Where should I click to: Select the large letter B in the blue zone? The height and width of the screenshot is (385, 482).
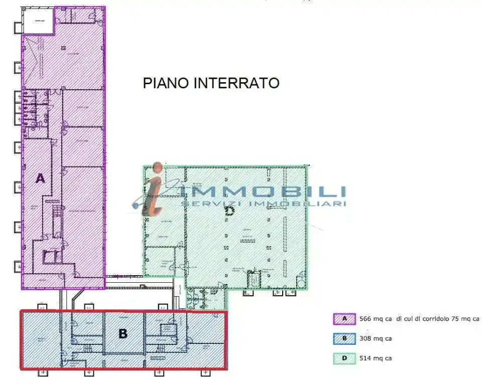coord(123,333)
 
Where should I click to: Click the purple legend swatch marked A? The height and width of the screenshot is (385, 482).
coord(344,319)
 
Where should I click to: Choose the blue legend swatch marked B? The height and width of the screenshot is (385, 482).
coord(344,338)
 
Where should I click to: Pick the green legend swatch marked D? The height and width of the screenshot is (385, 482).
coord(344,358)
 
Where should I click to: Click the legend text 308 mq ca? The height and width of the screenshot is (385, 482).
coord(376,338)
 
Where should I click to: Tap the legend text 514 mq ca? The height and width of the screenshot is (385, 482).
coord(376,358)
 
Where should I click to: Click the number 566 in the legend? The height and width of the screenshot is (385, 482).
coord(366,319)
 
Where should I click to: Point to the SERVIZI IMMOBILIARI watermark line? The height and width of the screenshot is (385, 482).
coord(263,204)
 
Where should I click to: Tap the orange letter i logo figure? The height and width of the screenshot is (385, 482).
coord(153,190)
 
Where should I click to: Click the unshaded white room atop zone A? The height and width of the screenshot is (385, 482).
coord(39,22)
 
